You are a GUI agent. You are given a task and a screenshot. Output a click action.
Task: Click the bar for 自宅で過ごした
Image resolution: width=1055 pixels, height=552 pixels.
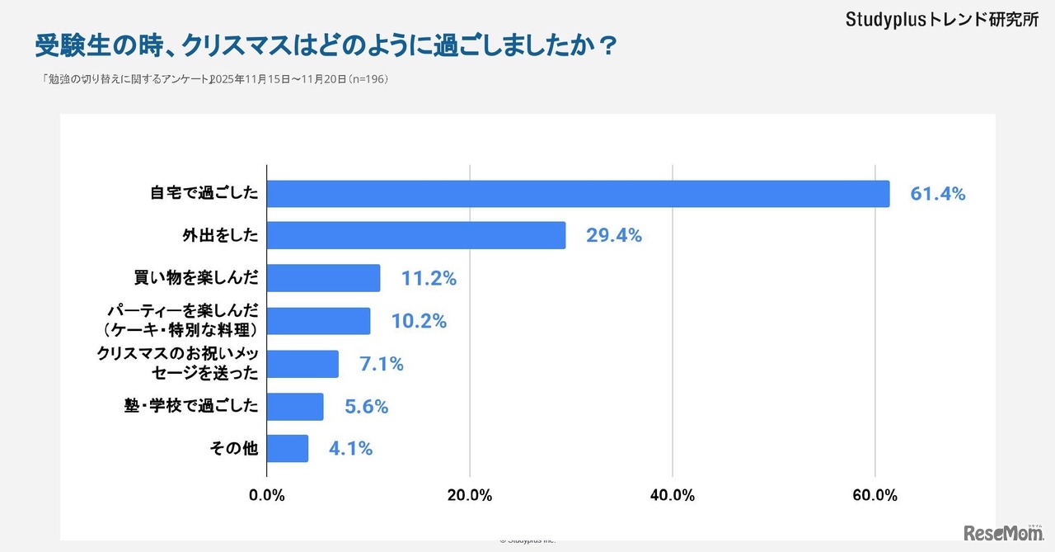(x=577, y=194)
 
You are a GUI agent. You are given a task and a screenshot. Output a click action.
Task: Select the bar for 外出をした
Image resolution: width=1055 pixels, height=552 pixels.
(x=416, y=235)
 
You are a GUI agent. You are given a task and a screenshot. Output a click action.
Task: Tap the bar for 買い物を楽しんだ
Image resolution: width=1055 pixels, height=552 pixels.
(x=323, y=278)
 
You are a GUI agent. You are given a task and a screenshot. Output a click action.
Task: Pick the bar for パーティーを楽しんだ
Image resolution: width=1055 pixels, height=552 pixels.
(x=318, y=321)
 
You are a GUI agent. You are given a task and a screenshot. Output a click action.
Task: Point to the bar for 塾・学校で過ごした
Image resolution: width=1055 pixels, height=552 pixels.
(x=295, y=407)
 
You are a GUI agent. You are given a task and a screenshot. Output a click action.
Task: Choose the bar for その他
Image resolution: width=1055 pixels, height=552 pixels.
(x=288, y=449)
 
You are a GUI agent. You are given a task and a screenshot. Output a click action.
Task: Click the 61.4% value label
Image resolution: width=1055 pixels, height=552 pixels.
(x=937, y=195)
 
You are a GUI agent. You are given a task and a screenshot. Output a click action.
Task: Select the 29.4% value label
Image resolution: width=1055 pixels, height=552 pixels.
(x=613, y=236)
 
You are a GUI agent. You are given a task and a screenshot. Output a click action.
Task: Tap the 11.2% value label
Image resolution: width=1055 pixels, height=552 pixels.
(x=429, y=279)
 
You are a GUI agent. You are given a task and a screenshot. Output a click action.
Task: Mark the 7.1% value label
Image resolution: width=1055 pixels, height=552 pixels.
(x=381, y=364)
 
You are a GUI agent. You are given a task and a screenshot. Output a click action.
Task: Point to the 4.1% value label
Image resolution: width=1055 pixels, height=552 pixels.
(x=350, y=450)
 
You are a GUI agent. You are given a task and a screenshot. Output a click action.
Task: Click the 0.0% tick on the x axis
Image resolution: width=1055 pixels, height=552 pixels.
(x=267, y=496)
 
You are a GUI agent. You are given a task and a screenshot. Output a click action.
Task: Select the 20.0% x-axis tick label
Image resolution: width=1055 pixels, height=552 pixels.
(x=470, y=496)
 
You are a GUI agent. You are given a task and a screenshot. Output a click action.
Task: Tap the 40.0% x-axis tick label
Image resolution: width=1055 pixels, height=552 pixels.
(x=673, y=496)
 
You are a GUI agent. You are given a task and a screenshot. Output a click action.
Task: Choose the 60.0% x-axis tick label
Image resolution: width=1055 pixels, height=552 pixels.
(x=874, y=496)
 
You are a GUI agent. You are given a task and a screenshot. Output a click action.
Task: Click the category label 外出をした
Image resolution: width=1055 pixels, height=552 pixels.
(x=220, y=236)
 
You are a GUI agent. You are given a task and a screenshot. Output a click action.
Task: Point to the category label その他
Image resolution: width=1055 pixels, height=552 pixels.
(x=235, y=450)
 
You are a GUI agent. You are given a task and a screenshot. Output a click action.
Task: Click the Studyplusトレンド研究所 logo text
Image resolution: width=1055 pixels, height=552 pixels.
(x=941, y=20)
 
